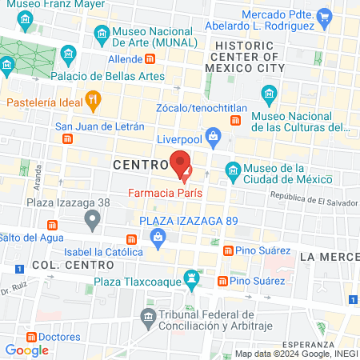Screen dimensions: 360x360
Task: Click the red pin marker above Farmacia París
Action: tap(181, 165)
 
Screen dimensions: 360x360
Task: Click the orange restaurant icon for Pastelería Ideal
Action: tap(94, 101)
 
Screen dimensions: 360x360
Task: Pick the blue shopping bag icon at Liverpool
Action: tap(212, 137)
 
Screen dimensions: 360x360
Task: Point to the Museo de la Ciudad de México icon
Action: tap(233, 170)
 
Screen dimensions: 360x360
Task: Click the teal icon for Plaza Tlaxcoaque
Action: tap(191, 280)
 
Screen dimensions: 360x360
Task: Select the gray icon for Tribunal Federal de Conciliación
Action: tap(149, 318)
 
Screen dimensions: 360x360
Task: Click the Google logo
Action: tap(27, 350)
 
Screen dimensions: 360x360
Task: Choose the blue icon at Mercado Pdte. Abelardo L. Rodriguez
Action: tap(323, 16)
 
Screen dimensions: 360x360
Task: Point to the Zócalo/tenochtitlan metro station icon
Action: tap(235, 120)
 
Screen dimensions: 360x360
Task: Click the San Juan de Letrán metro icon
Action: tap(68, 138)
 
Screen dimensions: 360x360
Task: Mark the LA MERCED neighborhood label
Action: tap(330, 256)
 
